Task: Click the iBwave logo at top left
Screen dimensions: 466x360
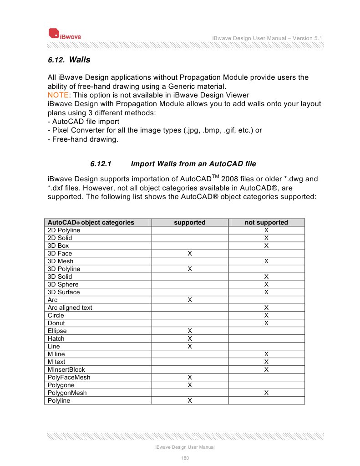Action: click(65, 34)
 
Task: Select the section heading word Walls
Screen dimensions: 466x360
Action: click(80, 60)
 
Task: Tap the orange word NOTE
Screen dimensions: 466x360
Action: click(57, 95)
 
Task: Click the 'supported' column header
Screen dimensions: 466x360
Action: click(189, 222)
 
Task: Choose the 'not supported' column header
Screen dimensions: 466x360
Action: click(266, 222)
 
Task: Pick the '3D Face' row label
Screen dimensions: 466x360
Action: click(60, 253)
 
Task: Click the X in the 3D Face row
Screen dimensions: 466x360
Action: click(189, 253)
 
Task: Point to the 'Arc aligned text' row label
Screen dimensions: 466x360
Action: click(70, 307)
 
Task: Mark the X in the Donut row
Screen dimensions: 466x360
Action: click(266, 323)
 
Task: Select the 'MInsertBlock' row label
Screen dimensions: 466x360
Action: click(66, 369)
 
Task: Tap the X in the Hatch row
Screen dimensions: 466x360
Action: click(189, 338)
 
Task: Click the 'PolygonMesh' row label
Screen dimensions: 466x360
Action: click(67, 393)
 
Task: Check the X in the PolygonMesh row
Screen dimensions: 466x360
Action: click(266, 393)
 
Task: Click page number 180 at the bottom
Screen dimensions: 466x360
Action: click(185, 458)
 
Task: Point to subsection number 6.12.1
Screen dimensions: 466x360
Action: click(101, 164)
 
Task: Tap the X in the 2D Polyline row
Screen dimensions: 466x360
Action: click(266, 230)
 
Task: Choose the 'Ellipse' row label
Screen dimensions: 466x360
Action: click(57, 331)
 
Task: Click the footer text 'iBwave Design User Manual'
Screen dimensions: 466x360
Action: click(185, 447)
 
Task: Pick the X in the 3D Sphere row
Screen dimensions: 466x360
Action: click(266, 284)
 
